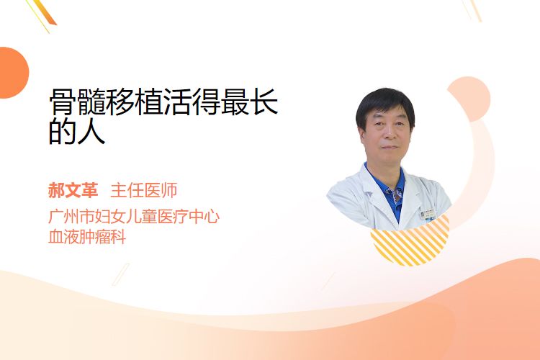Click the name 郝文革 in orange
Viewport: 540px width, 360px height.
pyautogui.click(x=73, y=190)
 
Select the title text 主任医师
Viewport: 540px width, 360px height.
pyautogui.click(x=144, y=190)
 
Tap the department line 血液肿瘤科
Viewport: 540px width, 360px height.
pyautogui.click(x=87, y=237)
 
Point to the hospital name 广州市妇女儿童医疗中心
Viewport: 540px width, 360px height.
pyautogui.click(x=134, y=216)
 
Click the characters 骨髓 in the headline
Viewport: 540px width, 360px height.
pyautogui.click(x=77, y=102)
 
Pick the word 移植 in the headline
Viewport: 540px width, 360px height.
pyautogui.click(x=135, y=102)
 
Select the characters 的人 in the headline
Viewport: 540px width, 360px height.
pyautogui.click(x=77, y=131)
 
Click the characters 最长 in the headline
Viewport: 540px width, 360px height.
pyautogui.click(x=249, y=102)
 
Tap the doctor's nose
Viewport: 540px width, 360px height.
pyautogui.click(x=389, y=134)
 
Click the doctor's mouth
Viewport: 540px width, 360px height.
pyautogui.click(x=390, y=147)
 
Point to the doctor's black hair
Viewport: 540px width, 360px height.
pyautogui.click(x=385, y=104)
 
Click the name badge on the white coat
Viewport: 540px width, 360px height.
pyautogui.click(x=428, y=215)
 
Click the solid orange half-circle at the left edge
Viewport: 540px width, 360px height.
pyautogui.click(x=14, y=73)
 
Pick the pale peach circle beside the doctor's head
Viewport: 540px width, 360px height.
pyautogui.click(x=470, y=99)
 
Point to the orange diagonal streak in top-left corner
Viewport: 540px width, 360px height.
pyautogui.click(x=44, y=13)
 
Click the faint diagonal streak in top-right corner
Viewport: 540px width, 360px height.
pyautogui.click(x=472, y=9)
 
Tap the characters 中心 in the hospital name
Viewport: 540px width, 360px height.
pyautogui.click(x=204, y=216)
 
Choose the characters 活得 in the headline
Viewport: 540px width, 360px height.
pyautogui.click(x=192, y=102)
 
